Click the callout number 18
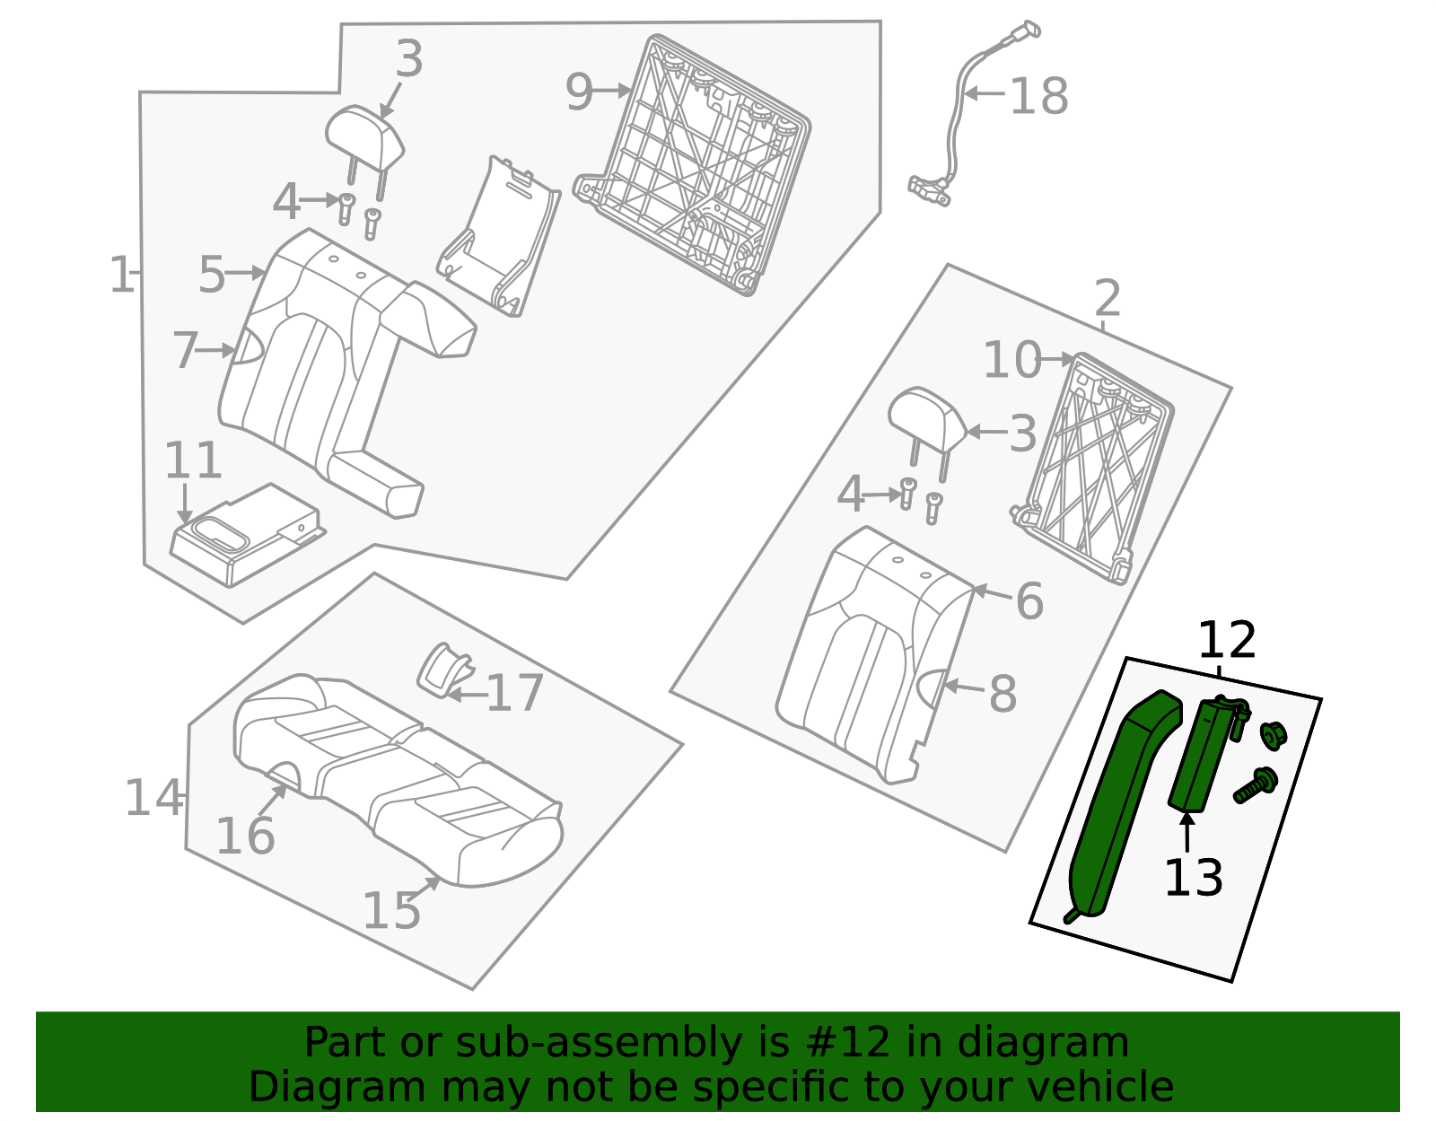(1038, 96)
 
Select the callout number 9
(579, 92)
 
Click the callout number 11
(192, 461)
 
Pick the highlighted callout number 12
(1226, 641)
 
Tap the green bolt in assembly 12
(1255, 784)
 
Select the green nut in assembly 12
(1273, 734)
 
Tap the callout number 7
(184, 350)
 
